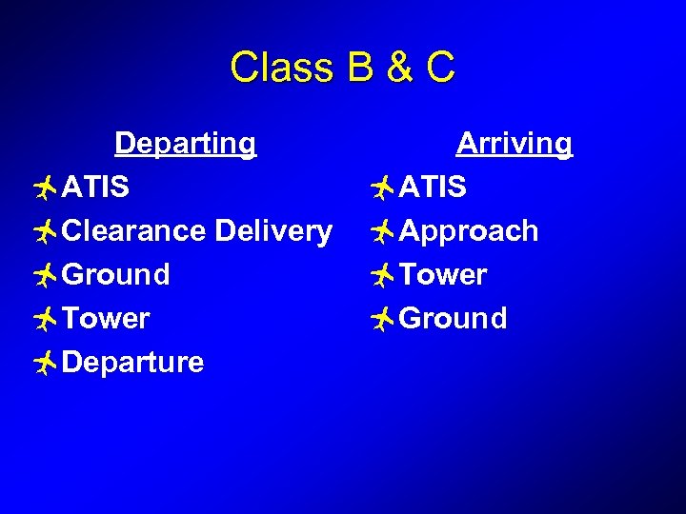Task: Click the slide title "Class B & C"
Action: pyautogui.click(x=343, y=68)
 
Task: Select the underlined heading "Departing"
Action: pyautogui.click(x=185, y=144)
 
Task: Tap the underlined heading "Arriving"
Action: pyautogui.click(x=514, y=144)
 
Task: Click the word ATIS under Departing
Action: pyautogui.click(x=95, y=188)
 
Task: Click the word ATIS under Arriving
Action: pyautogui.click(x=433, y=188)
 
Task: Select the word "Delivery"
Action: pyautogui.click(x=273, y=231)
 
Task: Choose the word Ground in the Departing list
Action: pyautogui.click(x=116, y=275)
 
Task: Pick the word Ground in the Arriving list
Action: pyautogui.click(x=454, y=319)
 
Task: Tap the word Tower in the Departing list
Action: pyautogui.click(x=106, y=319)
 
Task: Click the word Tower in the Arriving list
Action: pyautogui.click(x=443, y=275)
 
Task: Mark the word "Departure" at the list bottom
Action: pyautogui.click(x=132, y=363)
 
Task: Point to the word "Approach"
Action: pyautogui.click(x=469, y=231)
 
